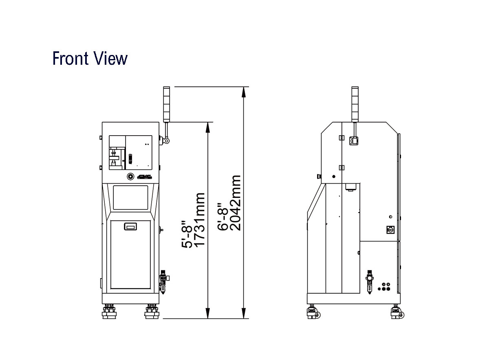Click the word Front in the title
[70, 58]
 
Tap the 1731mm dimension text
[199, 220]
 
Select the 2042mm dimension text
[236, 203]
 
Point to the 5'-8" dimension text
[187, 234]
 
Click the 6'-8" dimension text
[222, 217]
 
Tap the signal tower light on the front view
[167, 104]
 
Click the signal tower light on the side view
[355, 104]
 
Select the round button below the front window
[130, 176]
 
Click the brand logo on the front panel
[145, 177]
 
